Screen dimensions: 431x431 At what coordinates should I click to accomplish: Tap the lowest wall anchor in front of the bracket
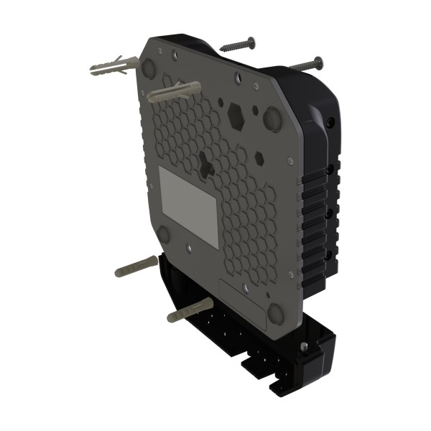click(190, 310)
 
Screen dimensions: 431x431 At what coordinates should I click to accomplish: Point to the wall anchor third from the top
click(136, 266)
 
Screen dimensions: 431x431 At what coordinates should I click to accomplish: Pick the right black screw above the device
click(306, 64)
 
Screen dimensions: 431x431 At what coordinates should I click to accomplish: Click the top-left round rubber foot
click(149, 68)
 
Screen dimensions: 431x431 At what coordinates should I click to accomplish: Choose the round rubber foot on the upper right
click(273, 119)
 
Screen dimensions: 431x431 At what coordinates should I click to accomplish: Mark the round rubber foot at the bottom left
click(164, 234)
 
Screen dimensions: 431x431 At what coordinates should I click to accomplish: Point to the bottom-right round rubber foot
click(274, 312)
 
